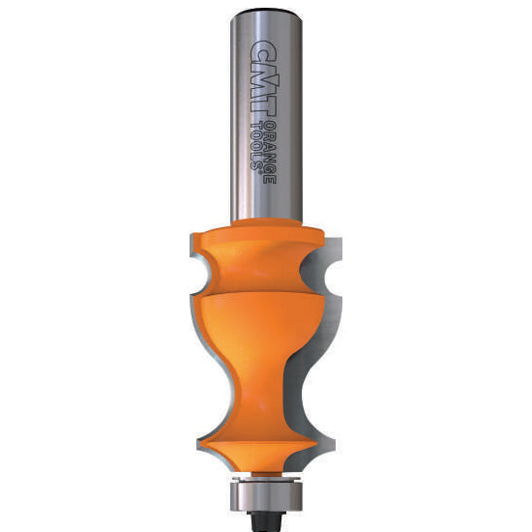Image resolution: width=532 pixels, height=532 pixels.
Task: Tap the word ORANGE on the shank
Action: [270, 153]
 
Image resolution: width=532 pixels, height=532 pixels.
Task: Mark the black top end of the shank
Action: [266, 12]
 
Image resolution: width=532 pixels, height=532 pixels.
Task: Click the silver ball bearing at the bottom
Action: [266, 495]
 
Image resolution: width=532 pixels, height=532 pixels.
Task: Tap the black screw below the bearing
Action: [266, 521]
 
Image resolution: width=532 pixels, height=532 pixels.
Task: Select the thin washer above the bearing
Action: [266, 479]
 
